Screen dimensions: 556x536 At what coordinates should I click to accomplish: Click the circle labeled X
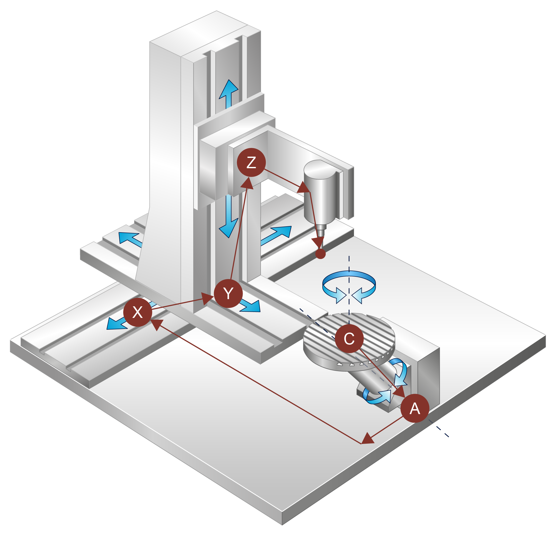[138, 312]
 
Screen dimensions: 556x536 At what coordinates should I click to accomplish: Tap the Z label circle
[251, 162]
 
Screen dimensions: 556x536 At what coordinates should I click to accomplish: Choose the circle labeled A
[414, 408]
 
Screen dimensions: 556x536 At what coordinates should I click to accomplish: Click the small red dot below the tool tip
[320, 254]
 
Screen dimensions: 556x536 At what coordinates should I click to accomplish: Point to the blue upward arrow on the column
[228, 94]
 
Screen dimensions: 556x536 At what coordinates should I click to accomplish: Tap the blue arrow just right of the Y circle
[250, 306]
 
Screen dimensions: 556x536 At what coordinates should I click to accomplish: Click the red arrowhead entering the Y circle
[208, 298]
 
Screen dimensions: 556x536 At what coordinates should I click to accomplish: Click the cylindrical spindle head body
[321, 193]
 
